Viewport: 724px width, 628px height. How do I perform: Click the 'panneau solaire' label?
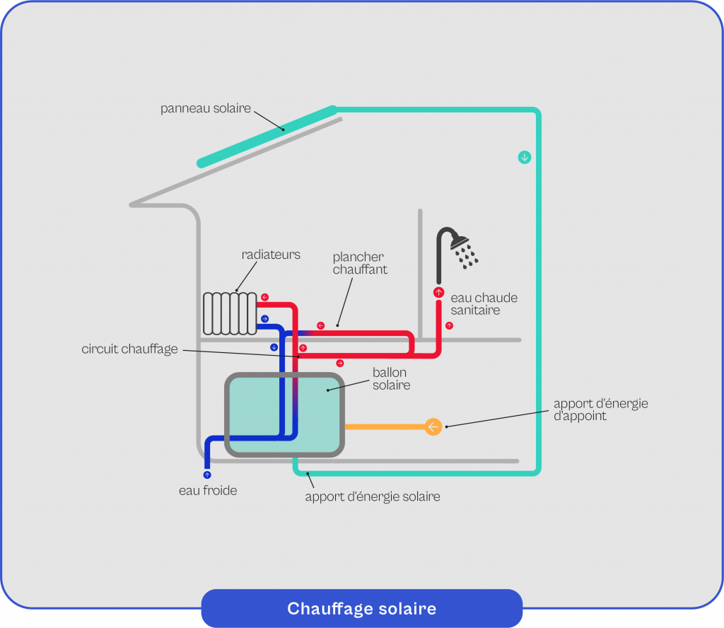point(205,108)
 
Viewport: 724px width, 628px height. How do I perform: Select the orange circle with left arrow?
point(433,426)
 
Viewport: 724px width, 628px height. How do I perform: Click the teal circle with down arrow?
point(524,157)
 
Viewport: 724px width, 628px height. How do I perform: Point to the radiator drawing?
point(230,313)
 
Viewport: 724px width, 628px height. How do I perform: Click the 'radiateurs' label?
point(271,255)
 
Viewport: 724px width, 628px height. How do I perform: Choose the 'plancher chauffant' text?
point(360,263)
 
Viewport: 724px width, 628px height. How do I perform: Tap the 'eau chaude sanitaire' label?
point(484,304)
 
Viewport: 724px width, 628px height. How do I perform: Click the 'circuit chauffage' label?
point(129,349)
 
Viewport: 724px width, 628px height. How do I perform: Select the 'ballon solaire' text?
point(391,379)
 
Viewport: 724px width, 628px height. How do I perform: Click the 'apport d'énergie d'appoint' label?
point(600,409)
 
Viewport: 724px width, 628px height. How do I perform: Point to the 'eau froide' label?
point(208,490)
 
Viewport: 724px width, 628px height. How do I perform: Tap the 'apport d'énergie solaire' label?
point(373,496)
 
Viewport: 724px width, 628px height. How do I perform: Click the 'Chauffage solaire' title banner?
point(361,609)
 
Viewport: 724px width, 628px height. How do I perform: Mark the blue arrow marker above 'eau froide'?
point(207,475)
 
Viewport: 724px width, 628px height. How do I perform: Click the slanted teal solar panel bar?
point(267,136)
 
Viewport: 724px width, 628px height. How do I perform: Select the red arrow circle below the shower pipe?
point(438,292)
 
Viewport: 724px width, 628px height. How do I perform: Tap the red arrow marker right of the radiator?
point(264,297)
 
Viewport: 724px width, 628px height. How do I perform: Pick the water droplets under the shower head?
point(467,257)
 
